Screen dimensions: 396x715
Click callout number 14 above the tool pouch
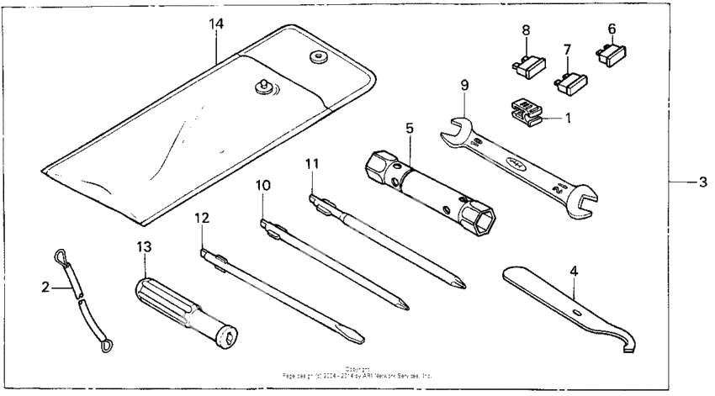(216, 24)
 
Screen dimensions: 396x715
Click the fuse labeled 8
(525, 66)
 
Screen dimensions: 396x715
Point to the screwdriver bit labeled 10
(336, 263)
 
